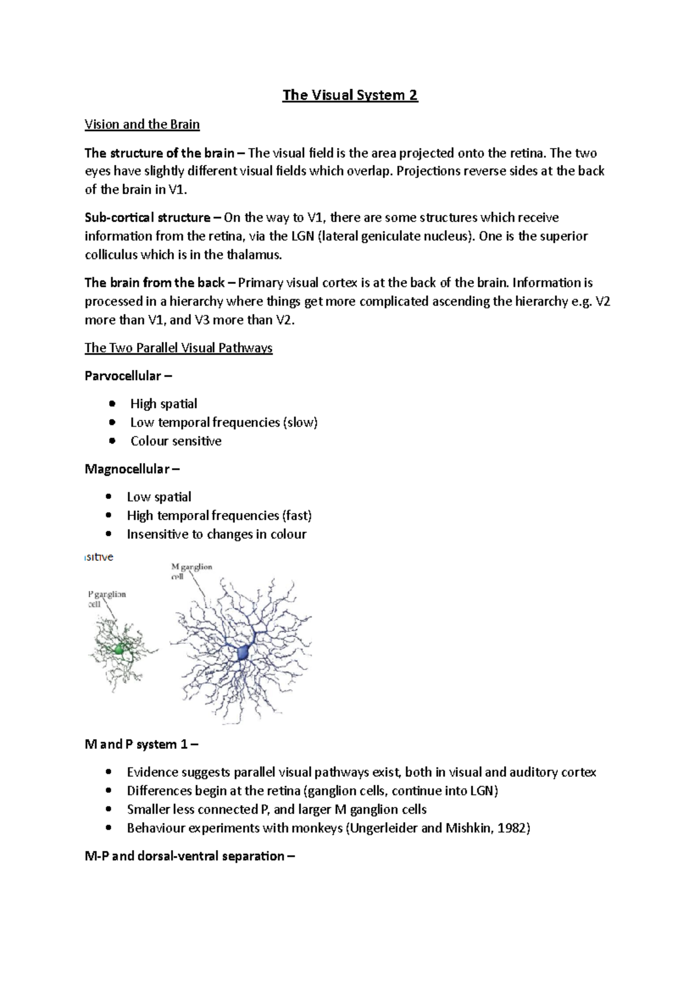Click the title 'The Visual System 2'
(x=350, y=95)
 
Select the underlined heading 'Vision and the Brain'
(x=142, y=124)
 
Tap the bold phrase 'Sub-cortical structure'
(x=147, y=217)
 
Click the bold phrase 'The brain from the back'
(x=155, y=283)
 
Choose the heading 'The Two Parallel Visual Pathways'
(x=178, y=348)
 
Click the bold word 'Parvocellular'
(x=123, y=376)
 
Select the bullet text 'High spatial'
(x=163, y=404)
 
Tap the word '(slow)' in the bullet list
(x=300, y=423)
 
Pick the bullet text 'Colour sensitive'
(x=176, y=441)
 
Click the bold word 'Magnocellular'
(x=127, y=469)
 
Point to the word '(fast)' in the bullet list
(x=296, y=516)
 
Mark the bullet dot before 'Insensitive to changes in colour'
(x=108, y=534)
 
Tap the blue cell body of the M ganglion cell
(x=243, y=654)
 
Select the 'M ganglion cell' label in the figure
(x=191, y=571)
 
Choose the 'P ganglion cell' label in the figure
(x=107, y=599)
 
